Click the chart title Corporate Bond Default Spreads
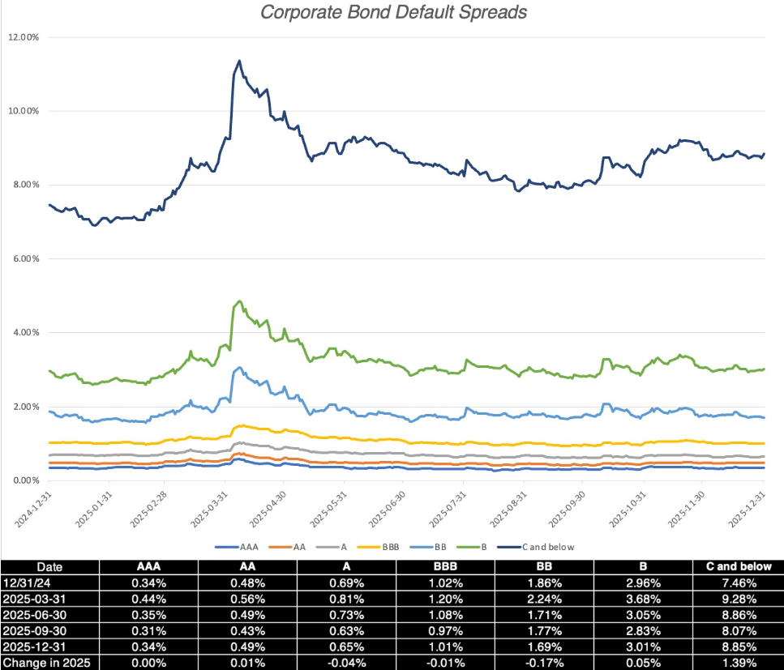pos(392,13)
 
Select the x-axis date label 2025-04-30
pos(270,508)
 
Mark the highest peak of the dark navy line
pos(239,60)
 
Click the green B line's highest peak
pos(239,301)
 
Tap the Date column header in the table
pos(49,567)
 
